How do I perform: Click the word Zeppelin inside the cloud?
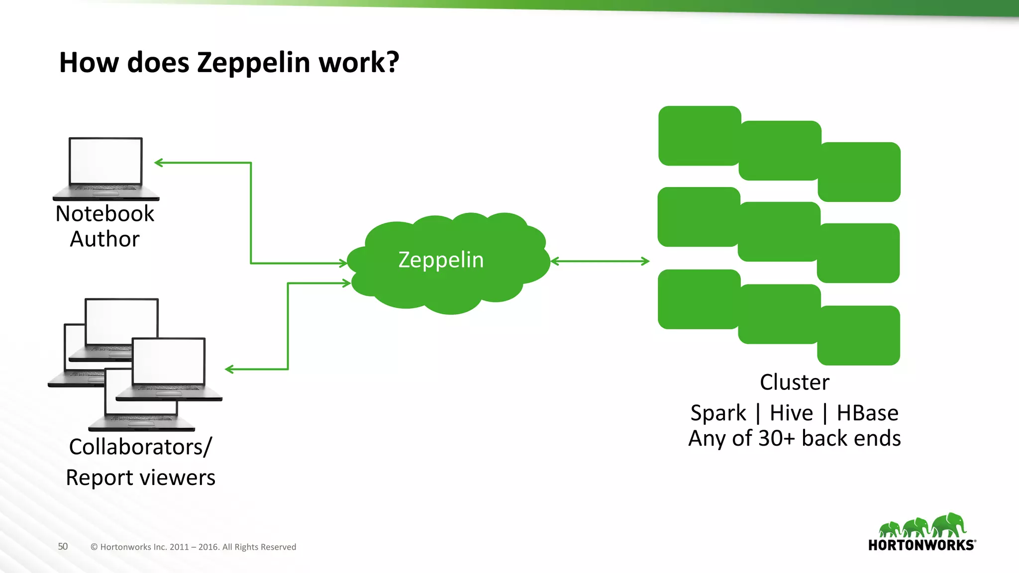tap(441, 260)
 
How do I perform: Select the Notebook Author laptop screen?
tap(106, 161)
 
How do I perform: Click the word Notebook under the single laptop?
tap(105, 214)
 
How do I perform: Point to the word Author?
tap(105, 239)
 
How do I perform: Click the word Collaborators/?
tap(140, 447)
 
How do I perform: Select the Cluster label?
tap(795, 382)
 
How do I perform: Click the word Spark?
tap(718, 413)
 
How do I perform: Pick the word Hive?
tap(791, 413)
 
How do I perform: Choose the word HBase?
tap(867, 413)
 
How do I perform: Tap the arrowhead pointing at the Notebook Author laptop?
tap(159, 163)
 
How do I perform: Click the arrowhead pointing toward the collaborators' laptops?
tap(229, 369)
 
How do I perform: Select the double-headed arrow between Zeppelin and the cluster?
tap(600, 261)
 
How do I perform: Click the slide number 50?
tap(63, 546)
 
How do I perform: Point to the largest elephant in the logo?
tap(949, 525)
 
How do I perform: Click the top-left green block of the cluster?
tap(699, 135)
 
